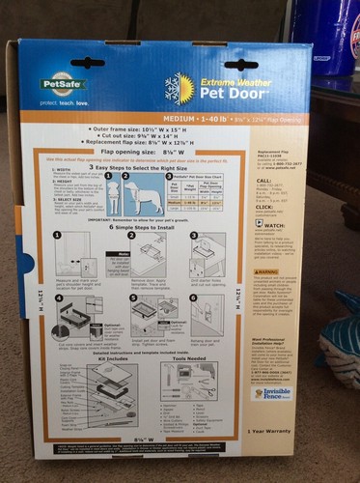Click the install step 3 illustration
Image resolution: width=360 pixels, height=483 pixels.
207,255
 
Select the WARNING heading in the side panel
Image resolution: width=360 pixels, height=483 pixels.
267,273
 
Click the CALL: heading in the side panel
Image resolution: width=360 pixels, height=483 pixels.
263,180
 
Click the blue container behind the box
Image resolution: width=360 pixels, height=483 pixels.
337,39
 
